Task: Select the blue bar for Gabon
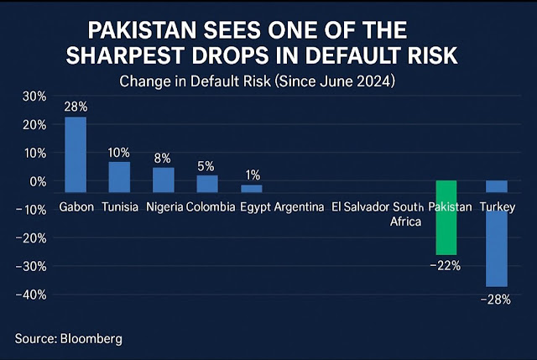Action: (76, 149)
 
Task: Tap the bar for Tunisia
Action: (119, 171)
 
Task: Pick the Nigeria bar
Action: (163, 174)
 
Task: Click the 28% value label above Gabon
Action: (76, 107)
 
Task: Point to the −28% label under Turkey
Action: (496, 299)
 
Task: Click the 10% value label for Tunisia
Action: (119, 153)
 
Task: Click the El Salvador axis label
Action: (360, 206)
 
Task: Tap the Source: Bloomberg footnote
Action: (68, 338)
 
